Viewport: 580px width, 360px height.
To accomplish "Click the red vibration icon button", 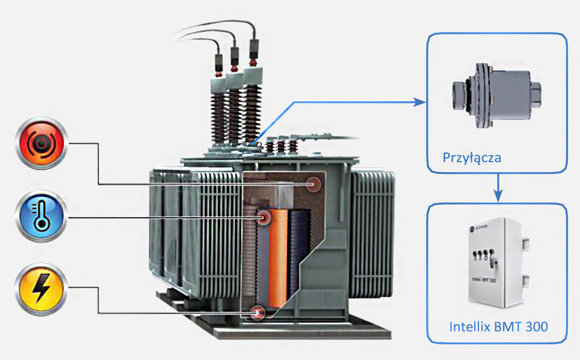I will pos(41,143).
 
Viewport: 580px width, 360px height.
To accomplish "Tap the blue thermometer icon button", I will pos(41,216).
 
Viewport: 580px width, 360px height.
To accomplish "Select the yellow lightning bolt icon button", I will pos(41,289).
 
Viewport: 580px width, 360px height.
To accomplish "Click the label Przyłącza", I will pos(471,158).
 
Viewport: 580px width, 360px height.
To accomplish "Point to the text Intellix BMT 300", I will pos(498,326).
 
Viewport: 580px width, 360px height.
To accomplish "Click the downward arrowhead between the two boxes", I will pos(497,196).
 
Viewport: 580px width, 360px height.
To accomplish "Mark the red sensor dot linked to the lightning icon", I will pos(257,312).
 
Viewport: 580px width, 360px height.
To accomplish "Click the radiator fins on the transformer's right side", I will pos(372,233).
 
